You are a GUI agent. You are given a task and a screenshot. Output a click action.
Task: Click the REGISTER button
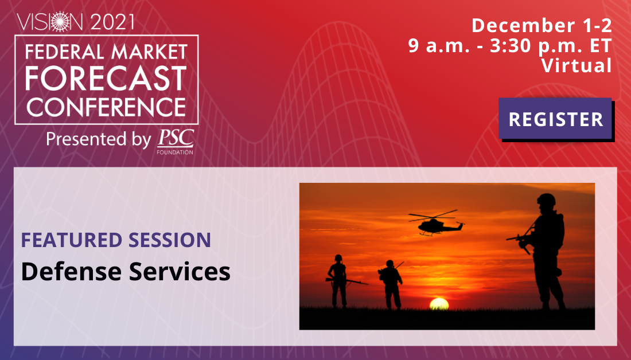point(555,119)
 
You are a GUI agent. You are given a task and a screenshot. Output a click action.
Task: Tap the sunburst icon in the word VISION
point(60,22)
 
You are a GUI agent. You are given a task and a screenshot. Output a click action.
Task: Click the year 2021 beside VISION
point(112,22)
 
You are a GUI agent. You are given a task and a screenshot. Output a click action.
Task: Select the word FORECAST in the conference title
point(106,79)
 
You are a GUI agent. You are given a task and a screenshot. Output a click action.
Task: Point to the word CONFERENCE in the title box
point(106,107)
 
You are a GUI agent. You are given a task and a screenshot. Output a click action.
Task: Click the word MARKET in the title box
point(149,52)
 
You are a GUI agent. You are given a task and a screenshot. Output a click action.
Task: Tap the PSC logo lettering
point(176,138)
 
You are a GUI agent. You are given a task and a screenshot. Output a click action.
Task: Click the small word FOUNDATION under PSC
point(175,152)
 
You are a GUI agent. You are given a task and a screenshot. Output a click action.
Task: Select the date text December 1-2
point(542,26)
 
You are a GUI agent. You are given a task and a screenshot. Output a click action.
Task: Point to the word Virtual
point(577,65)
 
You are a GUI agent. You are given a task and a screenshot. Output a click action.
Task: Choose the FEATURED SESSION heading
point(116,240)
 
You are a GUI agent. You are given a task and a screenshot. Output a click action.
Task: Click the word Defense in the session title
point(71,271)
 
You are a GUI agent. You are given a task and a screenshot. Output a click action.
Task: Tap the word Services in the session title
point(180,271)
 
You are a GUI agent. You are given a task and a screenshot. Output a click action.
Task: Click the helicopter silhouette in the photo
point(436,223)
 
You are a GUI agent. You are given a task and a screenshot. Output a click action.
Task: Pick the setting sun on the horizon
point(439,304)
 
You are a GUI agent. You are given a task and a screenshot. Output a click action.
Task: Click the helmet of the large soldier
point(546,199)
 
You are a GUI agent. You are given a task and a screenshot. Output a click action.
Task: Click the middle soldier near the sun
point(390,284)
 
